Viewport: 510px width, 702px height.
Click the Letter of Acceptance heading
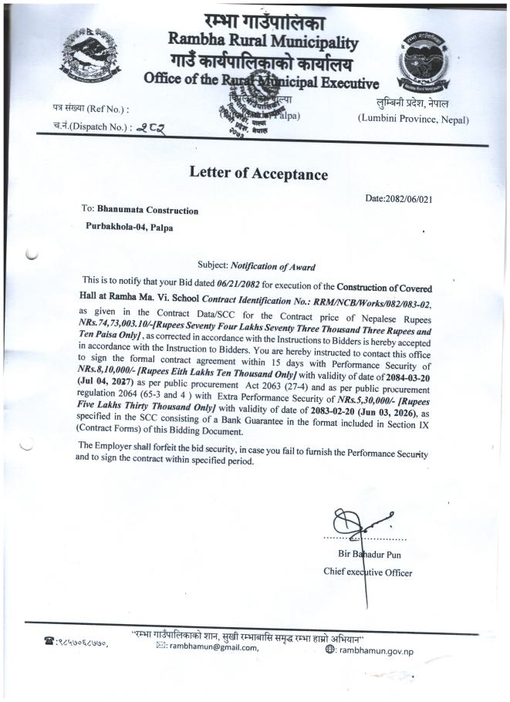258,174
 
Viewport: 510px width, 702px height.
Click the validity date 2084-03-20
395,376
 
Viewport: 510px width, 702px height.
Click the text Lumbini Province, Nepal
413,119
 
